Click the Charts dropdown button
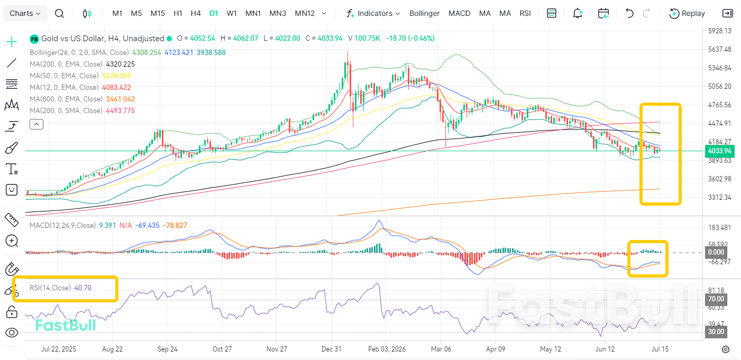coord(25,13)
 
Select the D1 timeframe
coord(214,13)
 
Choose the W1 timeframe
coord(232,13)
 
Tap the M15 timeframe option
coord(158,13)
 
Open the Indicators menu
coord(373,13)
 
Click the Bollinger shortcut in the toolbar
coord(424,13)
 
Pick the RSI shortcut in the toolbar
coord(525,13)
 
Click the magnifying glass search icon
coord(59,14)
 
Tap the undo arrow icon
coord(629,13)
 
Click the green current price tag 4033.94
coord(719,151)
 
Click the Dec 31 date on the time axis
coord(332,349)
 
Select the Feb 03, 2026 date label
coord(387,349)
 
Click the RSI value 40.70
coord(83,288)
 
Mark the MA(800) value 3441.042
coord(121,99)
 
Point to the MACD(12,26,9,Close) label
coord(62,225)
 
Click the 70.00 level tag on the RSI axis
coord(716,299)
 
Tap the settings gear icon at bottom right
coord(726,349)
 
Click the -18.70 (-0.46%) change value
coord(410,39)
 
